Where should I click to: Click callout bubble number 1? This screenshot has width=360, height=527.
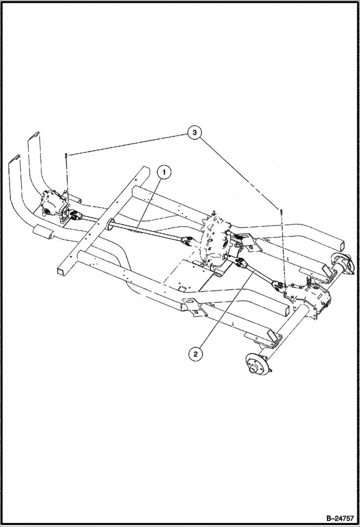point(164,172)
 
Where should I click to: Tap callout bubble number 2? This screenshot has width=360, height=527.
point(195,355)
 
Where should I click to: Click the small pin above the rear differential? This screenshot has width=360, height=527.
point(280,210)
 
